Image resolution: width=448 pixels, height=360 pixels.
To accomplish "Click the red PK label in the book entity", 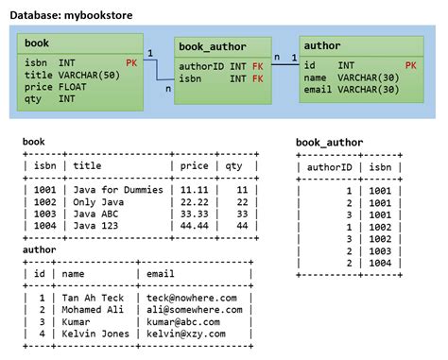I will [131, 62].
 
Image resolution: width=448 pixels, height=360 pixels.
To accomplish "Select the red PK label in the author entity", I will [410, 64].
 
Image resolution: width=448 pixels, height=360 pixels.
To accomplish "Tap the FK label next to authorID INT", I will [257, 65].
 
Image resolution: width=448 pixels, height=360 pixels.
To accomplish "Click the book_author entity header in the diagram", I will [212, 46].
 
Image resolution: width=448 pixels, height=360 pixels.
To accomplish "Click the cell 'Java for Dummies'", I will [118, 190].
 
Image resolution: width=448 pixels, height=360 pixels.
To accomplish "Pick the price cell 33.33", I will [194, 214].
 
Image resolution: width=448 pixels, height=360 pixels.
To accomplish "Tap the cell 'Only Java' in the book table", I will [99, 202].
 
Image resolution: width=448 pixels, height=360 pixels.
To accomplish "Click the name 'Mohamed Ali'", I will [95, 309].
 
